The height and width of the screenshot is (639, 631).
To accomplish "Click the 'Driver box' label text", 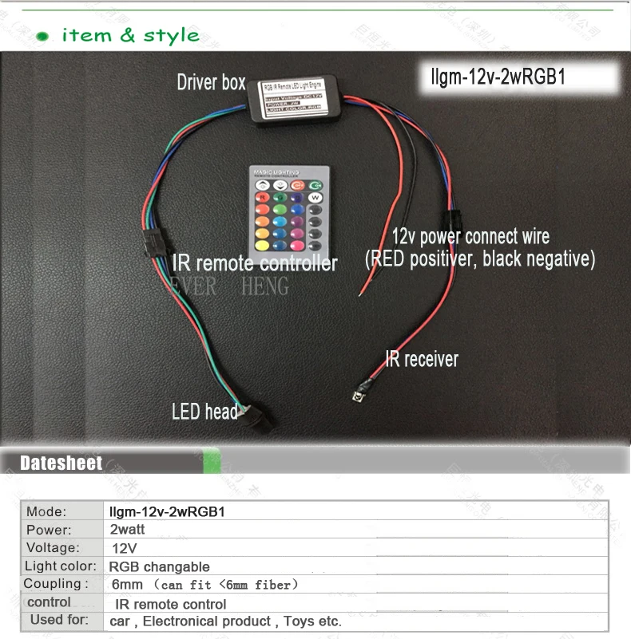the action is coord(211,81).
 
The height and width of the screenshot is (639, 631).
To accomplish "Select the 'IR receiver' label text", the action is coord(421,359).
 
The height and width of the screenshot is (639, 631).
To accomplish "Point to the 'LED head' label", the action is coord(204,412).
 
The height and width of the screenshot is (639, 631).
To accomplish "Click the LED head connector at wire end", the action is coord(260,416).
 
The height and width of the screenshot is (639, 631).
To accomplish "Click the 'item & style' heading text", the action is coord(130,35).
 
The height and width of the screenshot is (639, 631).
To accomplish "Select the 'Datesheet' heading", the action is coord(62,463).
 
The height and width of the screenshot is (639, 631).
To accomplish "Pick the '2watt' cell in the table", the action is coord(128,530).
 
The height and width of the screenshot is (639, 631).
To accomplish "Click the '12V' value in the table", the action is coord(125,548).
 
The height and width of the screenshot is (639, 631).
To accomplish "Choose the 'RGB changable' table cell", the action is coord(159,566).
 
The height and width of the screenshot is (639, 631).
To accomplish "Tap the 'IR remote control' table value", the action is coord(170,604).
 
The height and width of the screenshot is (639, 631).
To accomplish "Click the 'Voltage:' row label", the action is coord(53,548).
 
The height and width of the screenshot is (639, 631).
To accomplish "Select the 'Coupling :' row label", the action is coord(56,584).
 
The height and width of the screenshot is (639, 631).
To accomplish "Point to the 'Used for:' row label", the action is coord(59,620).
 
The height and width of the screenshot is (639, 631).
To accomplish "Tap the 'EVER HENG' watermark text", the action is coord(228,286).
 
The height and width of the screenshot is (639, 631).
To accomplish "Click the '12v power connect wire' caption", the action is coord(470,237).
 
